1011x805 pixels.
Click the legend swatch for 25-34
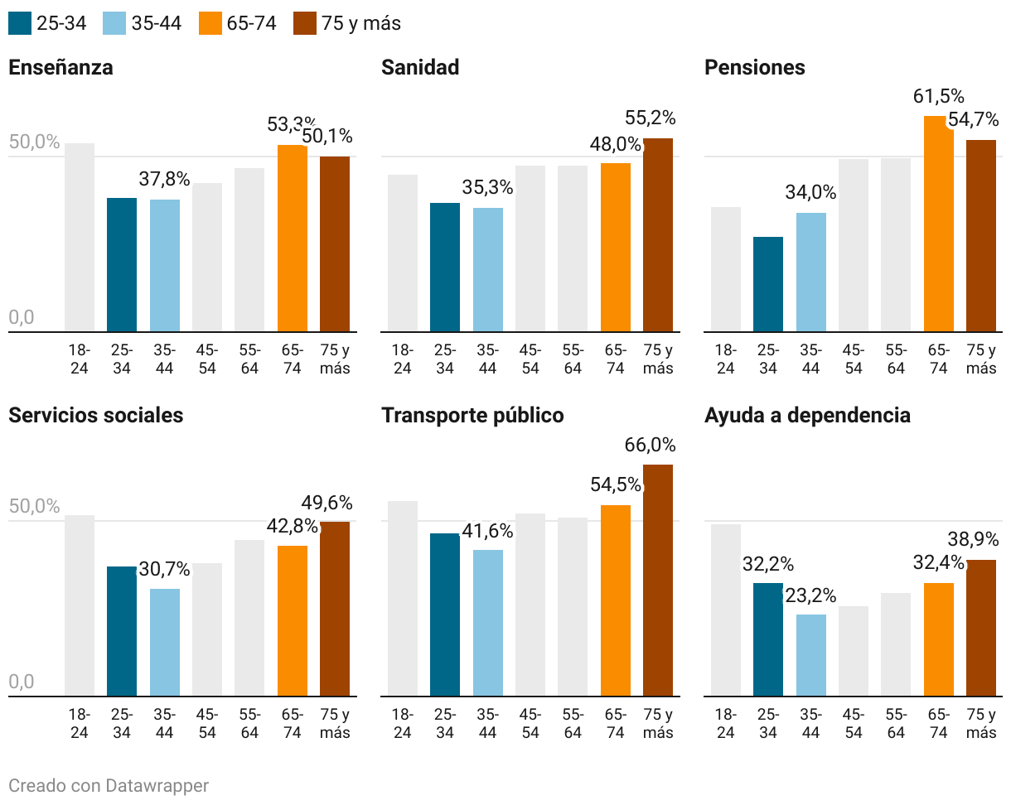[x=21, y=23]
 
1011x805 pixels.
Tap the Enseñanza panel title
[x=60, y=68]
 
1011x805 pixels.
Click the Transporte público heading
[x=472, y=415]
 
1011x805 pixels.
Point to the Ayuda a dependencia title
[x=807, y=415]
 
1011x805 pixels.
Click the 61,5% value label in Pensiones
[x=939, y=97]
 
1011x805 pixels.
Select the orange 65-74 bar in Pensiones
[x=939, y=224]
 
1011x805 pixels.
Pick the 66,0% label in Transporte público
[x=651, y=446]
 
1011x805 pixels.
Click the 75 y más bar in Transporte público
[x=658, y=580]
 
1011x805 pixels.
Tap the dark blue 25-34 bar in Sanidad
[x=445, y=267]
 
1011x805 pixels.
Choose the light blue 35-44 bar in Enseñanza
[x=165, y=265]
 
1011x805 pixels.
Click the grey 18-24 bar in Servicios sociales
[x=80, y=605]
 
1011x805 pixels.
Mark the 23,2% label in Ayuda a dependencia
[x=810, y=595]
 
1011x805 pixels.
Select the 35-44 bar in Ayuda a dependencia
[x=811, y=654]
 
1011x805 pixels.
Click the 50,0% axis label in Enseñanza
[x=35, y=142]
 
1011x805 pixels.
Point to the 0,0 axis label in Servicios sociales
[x=22, y=682]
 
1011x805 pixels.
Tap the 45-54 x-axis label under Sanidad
[x=530, y=359]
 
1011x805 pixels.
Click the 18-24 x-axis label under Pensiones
[x=726, y=359]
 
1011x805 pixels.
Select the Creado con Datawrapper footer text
[x=109, y=785]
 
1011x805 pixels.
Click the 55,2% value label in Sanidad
[x=651, y=118]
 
